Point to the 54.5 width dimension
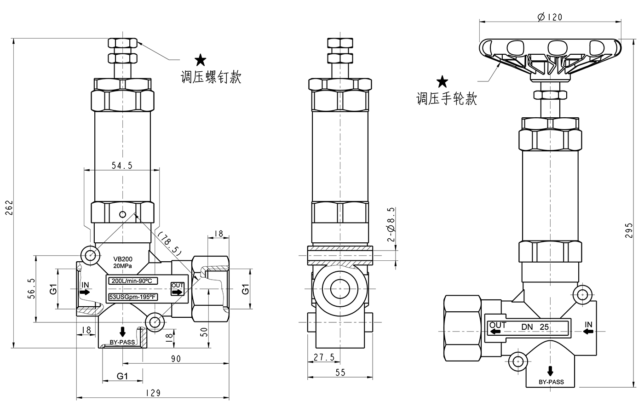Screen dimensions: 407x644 (x=122, y=166)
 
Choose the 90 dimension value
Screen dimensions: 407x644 (x=176, y=358)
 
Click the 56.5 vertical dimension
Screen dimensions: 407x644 (x=31, y=288)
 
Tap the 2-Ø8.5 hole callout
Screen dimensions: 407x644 (x=391, y=224)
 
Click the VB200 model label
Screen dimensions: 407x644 (x=123, y=259)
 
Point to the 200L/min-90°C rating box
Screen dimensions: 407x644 (x=132, y=281)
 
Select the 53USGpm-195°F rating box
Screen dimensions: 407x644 (x=132, y=297)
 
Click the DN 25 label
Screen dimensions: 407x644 (x=535, y=327)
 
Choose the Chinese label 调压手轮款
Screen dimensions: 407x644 (x=447, y=98)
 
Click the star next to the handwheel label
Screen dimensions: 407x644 (x=443, y=82)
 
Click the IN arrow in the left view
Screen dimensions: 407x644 (x=85, y=292)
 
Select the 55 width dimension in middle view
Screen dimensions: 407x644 (x=340, y=373)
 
